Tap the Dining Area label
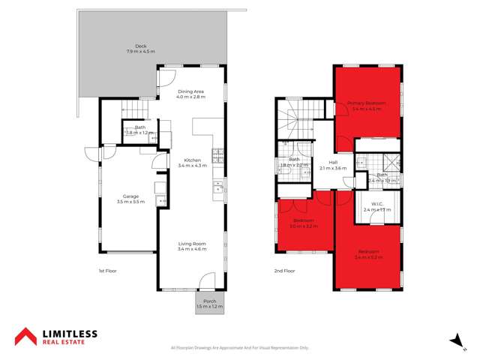pyautogui.click(x=190, y=91)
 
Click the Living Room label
pyautogui.click(x=190, y=244)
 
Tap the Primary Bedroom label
pyautogui.click(x=366, y=103)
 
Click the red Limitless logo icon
pyautogui.click(x=25, y=336)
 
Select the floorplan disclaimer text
pyautogui.click(x=239, y=348)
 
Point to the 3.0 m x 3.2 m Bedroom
pyautogui.click(x=304, y=223)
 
